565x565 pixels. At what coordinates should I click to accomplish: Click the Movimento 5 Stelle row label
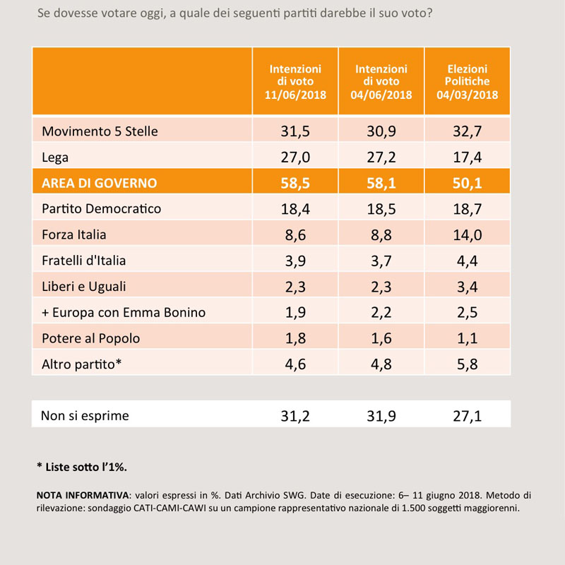coord(100,131)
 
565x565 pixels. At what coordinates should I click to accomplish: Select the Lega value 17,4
coord(468,157)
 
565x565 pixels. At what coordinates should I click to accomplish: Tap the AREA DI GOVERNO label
coord(100,183)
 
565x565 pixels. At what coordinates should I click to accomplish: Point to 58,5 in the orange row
coord(295,183)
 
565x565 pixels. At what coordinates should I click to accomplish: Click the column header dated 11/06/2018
coord(295,82)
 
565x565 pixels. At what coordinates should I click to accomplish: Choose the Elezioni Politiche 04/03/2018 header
coord(468,82)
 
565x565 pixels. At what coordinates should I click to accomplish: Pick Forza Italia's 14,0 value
coord(468,235)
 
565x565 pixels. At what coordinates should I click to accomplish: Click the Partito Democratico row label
coord(101,209)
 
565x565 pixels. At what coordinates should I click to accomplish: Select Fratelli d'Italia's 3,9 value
coord(295,261)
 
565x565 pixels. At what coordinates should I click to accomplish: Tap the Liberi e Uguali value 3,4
coord(468,287)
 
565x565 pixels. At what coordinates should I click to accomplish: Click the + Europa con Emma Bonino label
coord(124,312)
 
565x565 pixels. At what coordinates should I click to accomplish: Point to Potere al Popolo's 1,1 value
coord(468,338)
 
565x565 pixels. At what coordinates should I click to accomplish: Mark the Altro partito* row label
coord(82,364)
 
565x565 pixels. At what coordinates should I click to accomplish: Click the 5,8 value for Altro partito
coord(468,364)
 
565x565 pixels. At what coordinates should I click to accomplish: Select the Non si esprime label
coord(85,416)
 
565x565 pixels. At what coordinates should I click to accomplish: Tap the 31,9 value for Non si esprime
coord(381,416)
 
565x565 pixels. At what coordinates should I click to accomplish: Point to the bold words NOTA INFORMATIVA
coord(83,495)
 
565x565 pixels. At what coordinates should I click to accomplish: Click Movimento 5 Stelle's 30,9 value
coord(381,131)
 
